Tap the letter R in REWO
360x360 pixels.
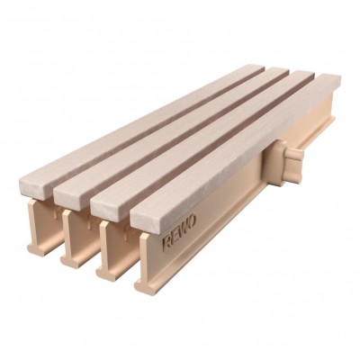click(x=166, y=243)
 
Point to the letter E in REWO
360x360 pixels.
click(x=174, y=237)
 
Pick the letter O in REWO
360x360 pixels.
click(x=193, y=221)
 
